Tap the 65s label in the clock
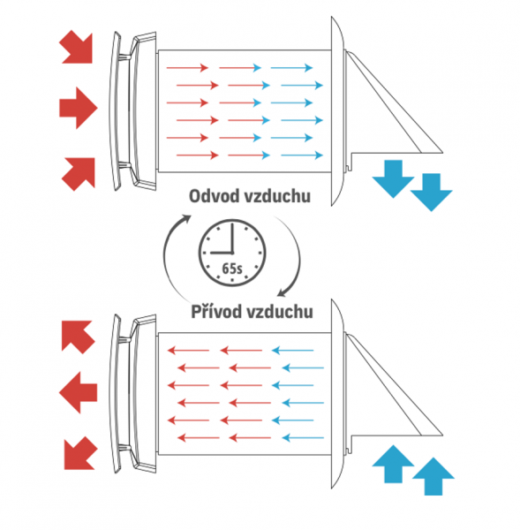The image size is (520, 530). [232, 269]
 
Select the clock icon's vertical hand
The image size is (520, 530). [232, 238]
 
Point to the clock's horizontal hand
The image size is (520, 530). [222, 253]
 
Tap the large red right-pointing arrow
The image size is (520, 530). [79, 108]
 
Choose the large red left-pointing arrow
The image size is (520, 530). [78, 392]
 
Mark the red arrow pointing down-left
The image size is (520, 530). [79, 454]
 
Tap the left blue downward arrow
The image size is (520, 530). [393, 178]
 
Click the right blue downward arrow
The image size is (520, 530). [431, 192]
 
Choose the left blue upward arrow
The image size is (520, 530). [393, 464]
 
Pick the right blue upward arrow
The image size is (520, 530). [433, 477]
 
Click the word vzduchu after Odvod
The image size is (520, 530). [277, 196]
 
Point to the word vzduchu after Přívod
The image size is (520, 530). [280, 311]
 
